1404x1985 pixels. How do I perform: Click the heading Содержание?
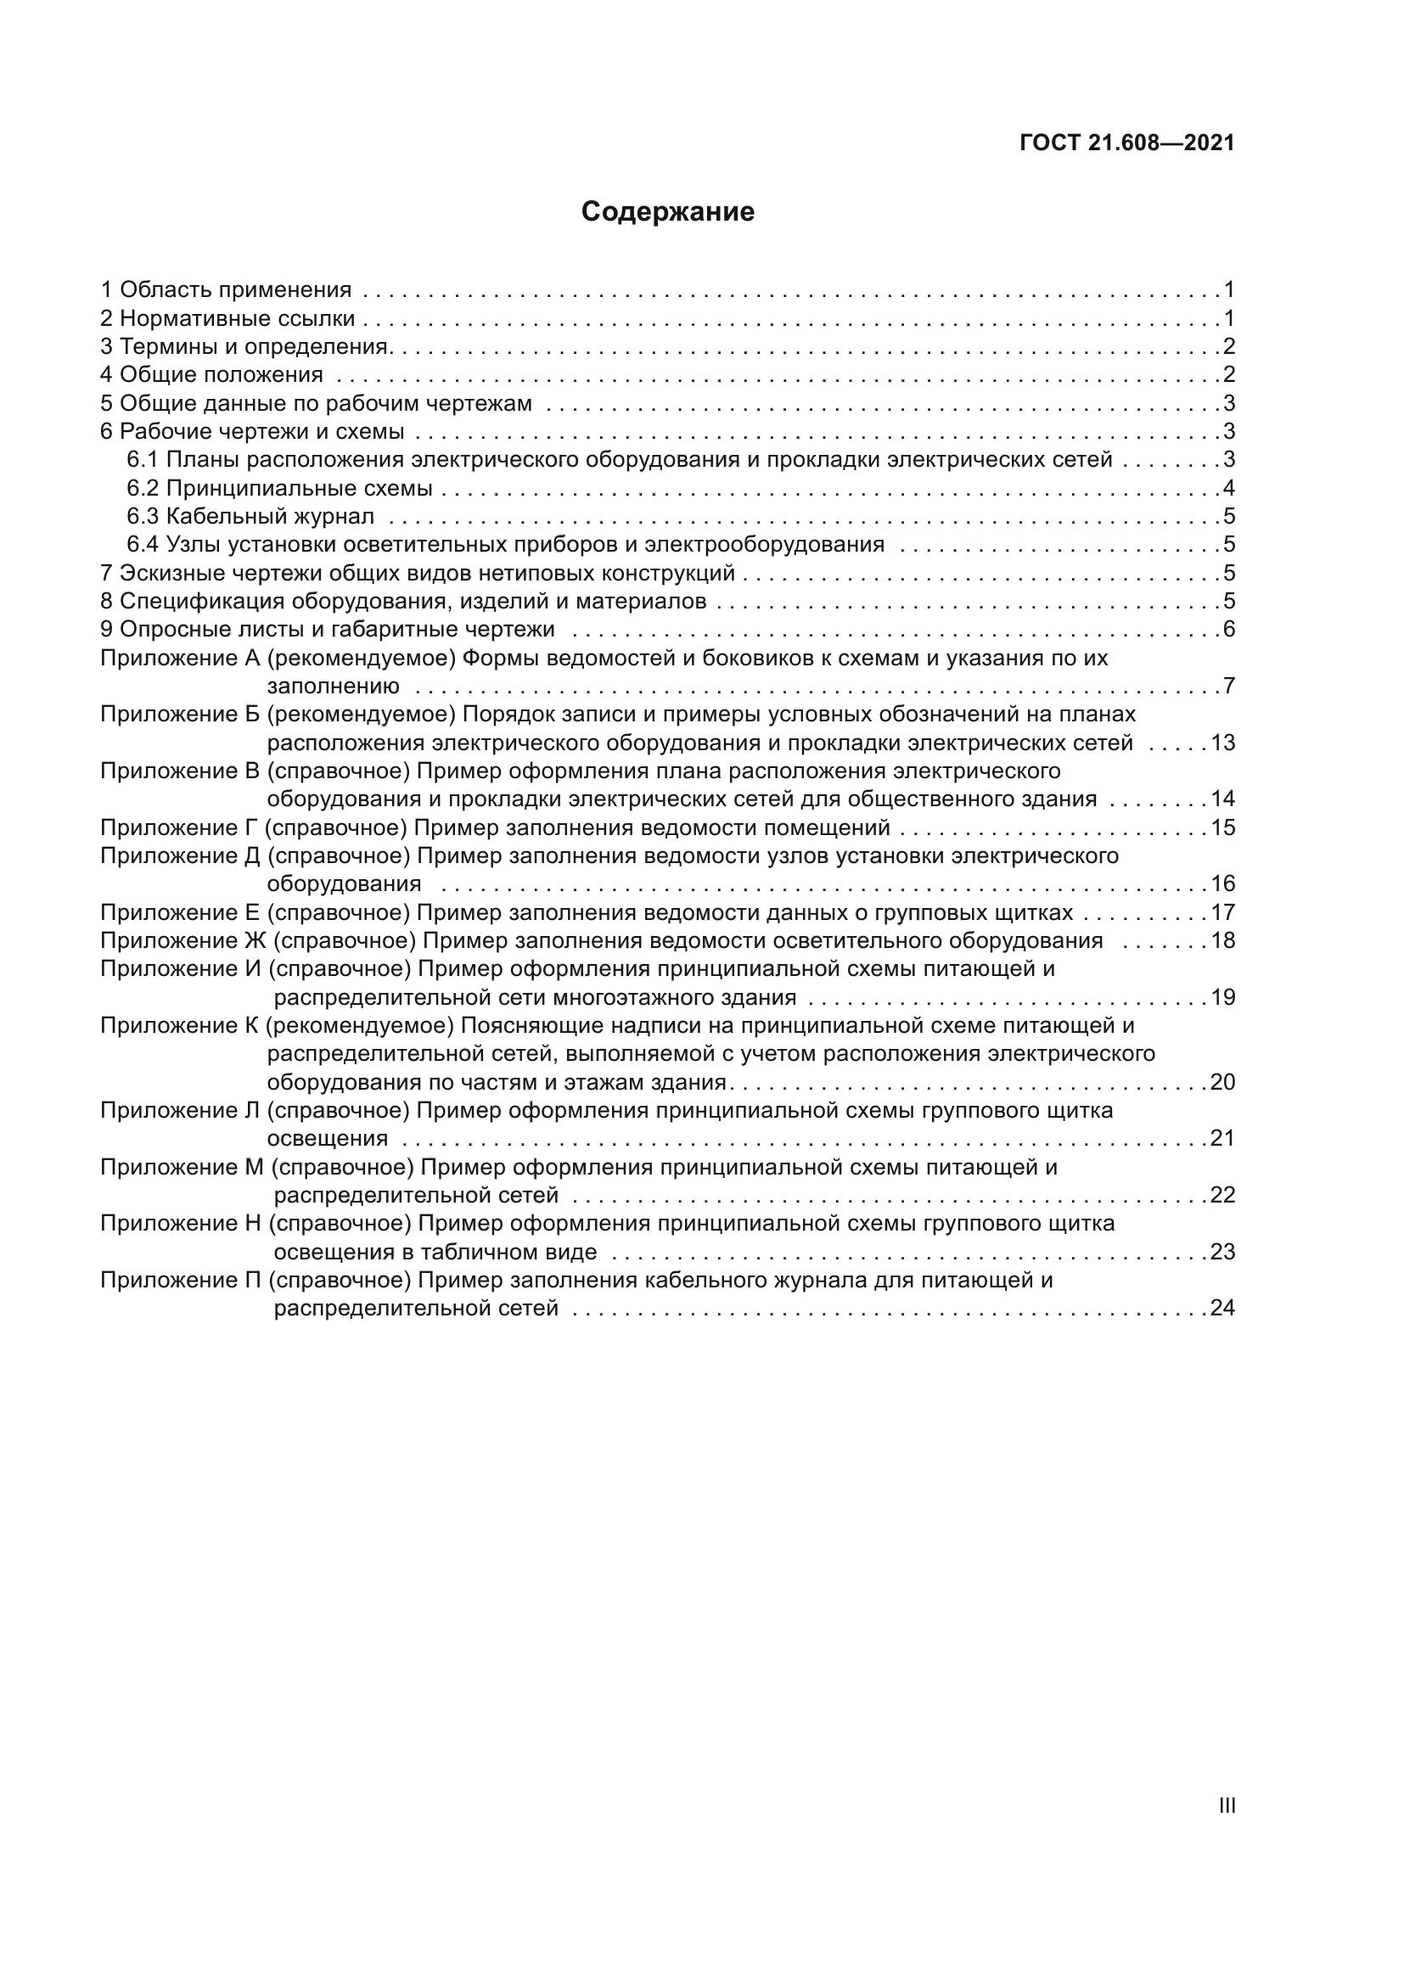click(x=667, y=212)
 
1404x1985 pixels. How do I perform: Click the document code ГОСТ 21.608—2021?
click(x=1126, y=143)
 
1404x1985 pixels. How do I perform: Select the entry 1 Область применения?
click(x=226, y=289)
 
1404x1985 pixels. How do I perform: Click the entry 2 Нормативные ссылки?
click(x=227, y=318)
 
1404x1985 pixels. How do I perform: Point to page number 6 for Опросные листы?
click(x=1228, y=629)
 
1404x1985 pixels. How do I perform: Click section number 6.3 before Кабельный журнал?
click(x=143, y=517)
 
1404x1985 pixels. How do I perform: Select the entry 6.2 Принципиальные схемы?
click(x=279, y=489)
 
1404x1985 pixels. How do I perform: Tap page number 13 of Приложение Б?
click(x=1222, y=743)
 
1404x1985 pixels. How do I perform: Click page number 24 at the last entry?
click(x=1222, y=1308)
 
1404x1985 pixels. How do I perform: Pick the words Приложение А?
click(x=180, y=658)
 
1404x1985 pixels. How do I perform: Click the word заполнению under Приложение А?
click(x=333, y=687)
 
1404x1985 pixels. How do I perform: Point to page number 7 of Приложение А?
click(x=1228, y=687)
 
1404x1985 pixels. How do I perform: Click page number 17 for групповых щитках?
click(x=1222, y=912)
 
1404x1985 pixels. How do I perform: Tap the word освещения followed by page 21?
click(x=327, y=1139)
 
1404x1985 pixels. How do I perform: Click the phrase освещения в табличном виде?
click(x=435, y=1252)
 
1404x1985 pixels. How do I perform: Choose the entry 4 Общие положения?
click(x=212, y=374)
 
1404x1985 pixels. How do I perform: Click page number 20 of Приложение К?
click(x=1222, y=1082)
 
